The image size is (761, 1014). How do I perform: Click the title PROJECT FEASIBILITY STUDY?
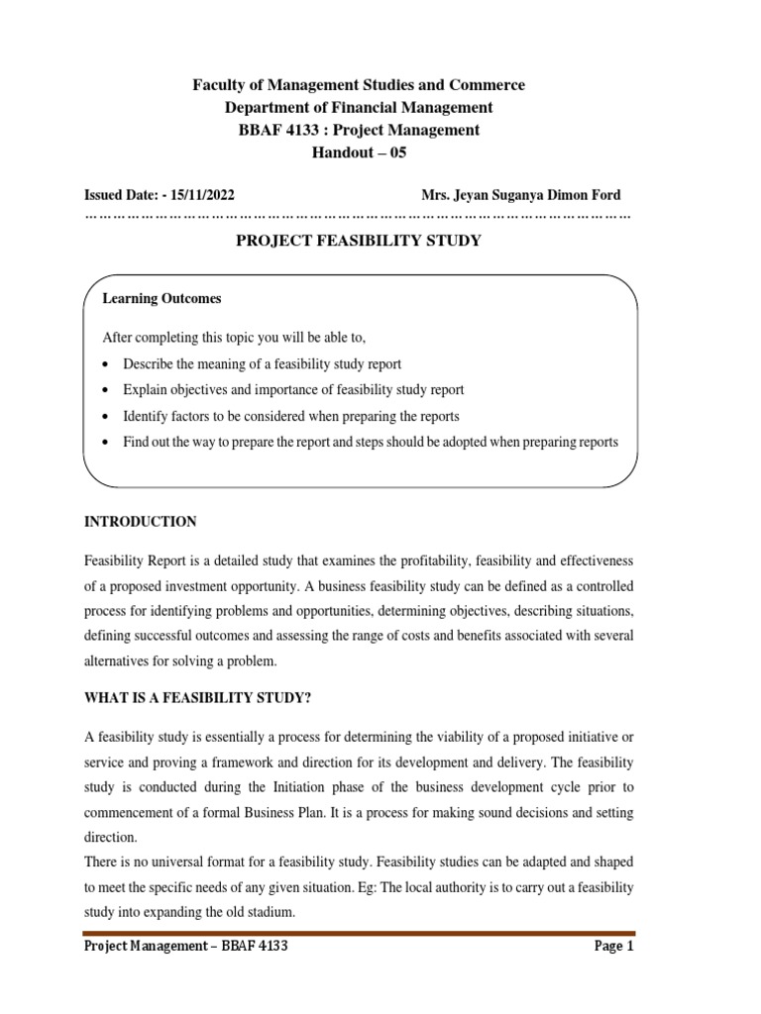click(358, 241)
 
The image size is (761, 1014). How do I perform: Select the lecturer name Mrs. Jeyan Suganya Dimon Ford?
click(520, 195)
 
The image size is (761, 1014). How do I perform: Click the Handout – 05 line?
click(359, 152)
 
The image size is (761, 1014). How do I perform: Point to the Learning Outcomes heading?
click(162, 298)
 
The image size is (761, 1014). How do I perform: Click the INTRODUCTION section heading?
click(140, 522)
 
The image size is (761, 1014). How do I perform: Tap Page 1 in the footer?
click(613, 946)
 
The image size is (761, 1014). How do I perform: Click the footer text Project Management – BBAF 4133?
click(186, 946)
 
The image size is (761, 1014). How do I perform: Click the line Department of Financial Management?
click(359, 107)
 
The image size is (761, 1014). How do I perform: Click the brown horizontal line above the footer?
click(359, 932)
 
